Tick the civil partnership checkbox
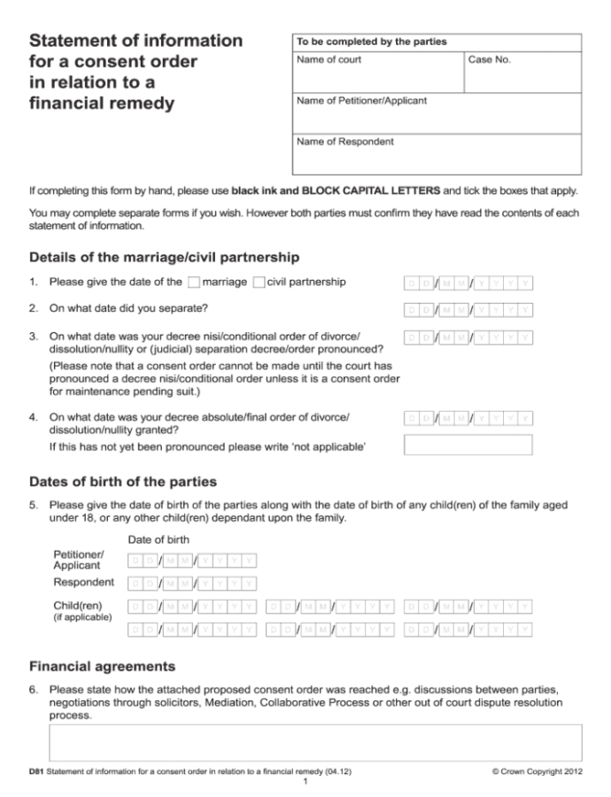pyautogui.click(x=259, y=282)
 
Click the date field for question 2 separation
pyautogui.click(x=468, y=310)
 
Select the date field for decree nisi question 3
pyautogui.click(x=468, y=337)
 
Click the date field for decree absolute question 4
pyautogui.click(x=468, y=418)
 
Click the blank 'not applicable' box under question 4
pyautogui.click(x=468, y=445)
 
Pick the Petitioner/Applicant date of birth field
pyautogui.click(x=193, y=561)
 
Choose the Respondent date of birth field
pyautogui.click(x=193, y=583)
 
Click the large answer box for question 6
pyautogui.click(x=315, y=742)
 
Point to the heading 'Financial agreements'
pyautogui.click(x=102, y=666)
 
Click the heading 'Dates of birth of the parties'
pyautogui.click(x=123, y=483)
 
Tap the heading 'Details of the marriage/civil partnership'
pyautogui.click(x=164, y=257)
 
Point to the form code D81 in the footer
pyautogui.click(x=36, y=772)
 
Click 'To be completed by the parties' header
pyautogui.click(x=371, y=42)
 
